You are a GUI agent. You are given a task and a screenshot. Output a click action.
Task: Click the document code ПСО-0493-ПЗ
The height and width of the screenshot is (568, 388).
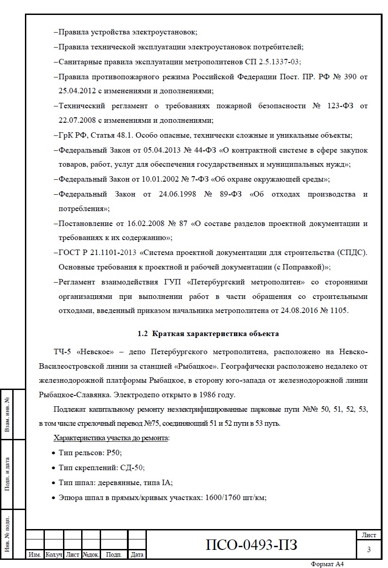pyautogui.click(x=252, y=544)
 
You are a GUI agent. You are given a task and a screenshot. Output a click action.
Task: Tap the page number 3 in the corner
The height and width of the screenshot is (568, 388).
pyautogui.click(x=369, y=549)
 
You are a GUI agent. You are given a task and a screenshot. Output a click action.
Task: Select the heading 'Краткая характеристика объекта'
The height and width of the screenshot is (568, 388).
pyautogui.click(x=215, y=334)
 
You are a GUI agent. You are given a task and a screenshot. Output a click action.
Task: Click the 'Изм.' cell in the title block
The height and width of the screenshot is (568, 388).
pyautogui.click(x=35, y=554)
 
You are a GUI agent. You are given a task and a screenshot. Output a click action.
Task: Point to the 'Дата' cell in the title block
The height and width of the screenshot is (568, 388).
pyautogui.click(x=137, y=554)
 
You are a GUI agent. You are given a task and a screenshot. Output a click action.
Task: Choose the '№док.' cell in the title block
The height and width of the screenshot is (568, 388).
pyautogui.click(x=91, y=554)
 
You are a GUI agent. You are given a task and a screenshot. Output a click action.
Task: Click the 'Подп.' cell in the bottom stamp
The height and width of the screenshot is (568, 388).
pyautogui.click(x=114, y=554)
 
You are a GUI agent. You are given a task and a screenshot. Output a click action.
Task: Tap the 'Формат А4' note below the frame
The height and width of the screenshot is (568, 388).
pyautogui.click(x=327, y=564)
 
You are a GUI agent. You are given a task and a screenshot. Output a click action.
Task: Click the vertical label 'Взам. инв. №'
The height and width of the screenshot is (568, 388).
pyautogui.click(x=8, y=414)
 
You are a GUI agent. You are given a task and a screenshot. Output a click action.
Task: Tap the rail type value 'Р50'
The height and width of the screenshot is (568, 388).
pyautogui.click(x=114, y=452)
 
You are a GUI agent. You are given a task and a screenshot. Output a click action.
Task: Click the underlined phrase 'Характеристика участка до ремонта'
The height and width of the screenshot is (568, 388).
pyautogui.click(x=111, y=438)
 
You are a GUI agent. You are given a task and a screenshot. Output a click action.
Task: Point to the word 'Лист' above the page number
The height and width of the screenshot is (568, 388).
pyautogui.click(x=369, y=535)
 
